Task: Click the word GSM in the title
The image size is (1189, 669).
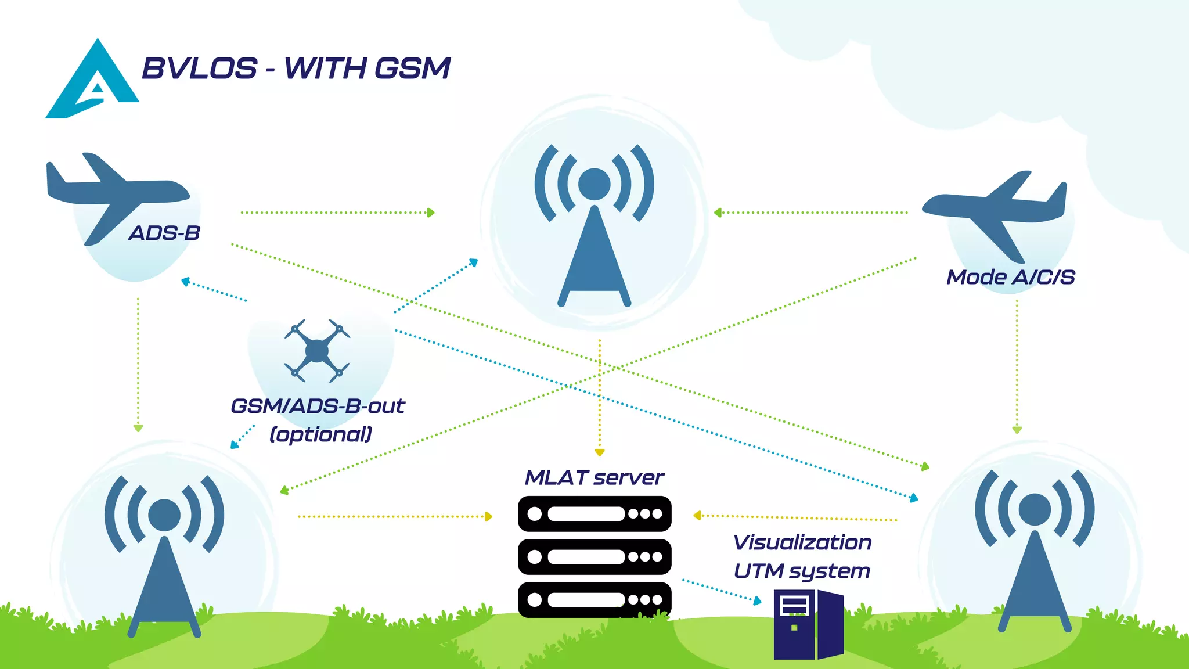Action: (x=412, y=69)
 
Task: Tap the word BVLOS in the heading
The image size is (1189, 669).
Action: (x=199, y=69)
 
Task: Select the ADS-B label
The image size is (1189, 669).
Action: (x=164, y=233)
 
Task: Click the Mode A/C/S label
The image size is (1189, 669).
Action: (x=1011, y=277)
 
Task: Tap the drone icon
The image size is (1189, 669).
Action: (x=317, y=350)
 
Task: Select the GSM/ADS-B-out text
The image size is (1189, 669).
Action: (x=318, y=406)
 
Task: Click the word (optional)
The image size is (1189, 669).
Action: (x=321, y=434)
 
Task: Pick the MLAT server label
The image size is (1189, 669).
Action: (x=594, y=478)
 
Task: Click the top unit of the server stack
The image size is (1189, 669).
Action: (x=594, y=514)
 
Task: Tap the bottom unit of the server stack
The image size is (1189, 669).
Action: (x=594, y=600)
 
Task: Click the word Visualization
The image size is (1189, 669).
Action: (x=802, y=542)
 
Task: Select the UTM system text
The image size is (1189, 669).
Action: (x=802, y=571)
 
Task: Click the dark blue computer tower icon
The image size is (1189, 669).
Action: (x=808, y=624)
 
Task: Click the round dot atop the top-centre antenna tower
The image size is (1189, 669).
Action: (x=594, y=184)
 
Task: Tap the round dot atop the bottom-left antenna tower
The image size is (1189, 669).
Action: (x=164, y=515)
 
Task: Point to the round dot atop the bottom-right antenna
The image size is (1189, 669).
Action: (x=1035, y=509)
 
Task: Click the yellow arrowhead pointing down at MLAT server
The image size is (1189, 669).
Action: (x=600, y=452)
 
